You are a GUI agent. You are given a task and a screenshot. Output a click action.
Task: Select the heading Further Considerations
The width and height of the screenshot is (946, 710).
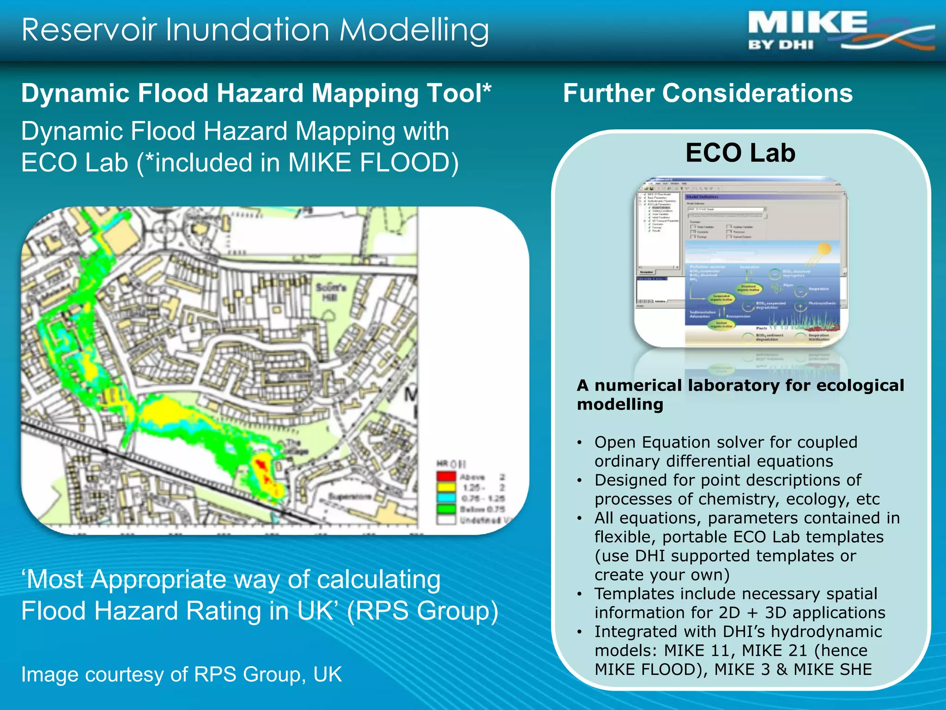tap(708, 93)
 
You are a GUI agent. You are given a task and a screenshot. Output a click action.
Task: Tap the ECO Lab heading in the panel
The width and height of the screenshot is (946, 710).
tap(740, 153)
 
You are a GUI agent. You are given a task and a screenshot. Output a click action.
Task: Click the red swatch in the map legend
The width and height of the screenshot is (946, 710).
tap(446, 476)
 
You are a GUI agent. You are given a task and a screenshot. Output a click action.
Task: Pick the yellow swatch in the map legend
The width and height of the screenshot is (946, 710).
tap(446, 487)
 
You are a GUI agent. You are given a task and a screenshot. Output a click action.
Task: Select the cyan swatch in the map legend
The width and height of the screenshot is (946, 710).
tap(446, 498)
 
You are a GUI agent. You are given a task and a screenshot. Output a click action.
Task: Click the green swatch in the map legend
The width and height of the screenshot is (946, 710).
tap(446, 508)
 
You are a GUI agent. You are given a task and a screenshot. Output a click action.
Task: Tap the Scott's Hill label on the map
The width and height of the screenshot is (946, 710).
tap(331, 292)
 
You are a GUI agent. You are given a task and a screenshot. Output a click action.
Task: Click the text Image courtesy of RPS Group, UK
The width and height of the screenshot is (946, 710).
tap(182, 674)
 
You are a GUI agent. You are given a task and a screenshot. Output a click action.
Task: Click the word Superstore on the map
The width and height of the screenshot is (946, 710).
tap(350, 496)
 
